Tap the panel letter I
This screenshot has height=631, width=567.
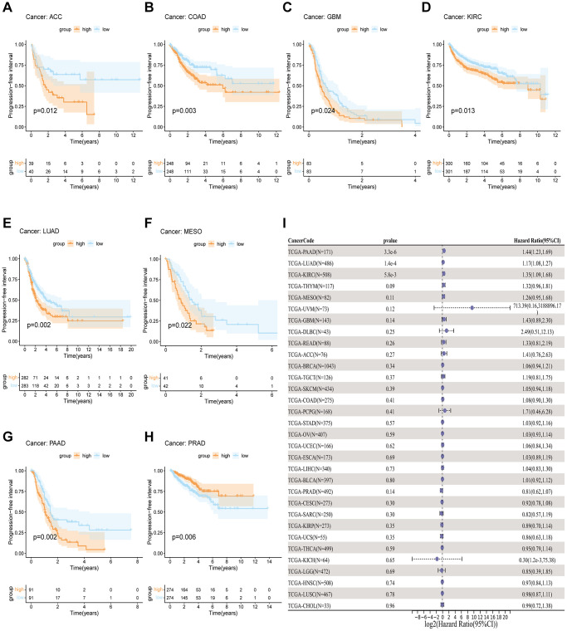click(285, 223)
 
